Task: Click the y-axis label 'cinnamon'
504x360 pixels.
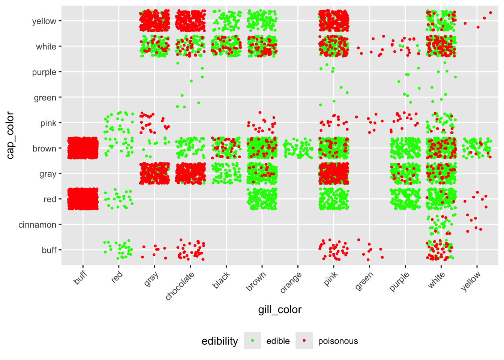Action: [x=37, y=225]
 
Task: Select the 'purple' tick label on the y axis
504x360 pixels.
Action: [x=44, y=72]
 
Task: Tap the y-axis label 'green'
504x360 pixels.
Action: [x=45, y=97]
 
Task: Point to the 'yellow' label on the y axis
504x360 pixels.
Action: [x=44, y=21]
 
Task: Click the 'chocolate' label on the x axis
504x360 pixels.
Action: [x=180, y=285]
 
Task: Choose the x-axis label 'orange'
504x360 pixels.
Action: [x=291, y=282]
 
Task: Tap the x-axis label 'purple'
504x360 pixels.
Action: [x=399, y=282]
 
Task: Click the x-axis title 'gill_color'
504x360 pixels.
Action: [x=280, y=310]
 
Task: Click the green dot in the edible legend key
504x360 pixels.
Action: [x=252, y=340]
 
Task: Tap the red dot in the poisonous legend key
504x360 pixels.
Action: [x=304, y=340]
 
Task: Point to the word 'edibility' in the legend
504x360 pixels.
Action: [x=220, y=341]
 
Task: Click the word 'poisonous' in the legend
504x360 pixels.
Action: [x=338, y=341]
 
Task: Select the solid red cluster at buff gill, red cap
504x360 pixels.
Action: [x=83, y=199]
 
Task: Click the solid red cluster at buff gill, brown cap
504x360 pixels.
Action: [x=83, y=148]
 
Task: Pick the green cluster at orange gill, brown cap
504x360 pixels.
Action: [x=298, y=148]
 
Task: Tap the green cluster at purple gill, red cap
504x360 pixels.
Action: [x=405, y=199]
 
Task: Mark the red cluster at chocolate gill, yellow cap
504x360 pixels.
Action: [x=190, y=21]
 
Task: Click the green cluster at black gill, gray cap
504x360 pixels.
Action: [x=226, y=173]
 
